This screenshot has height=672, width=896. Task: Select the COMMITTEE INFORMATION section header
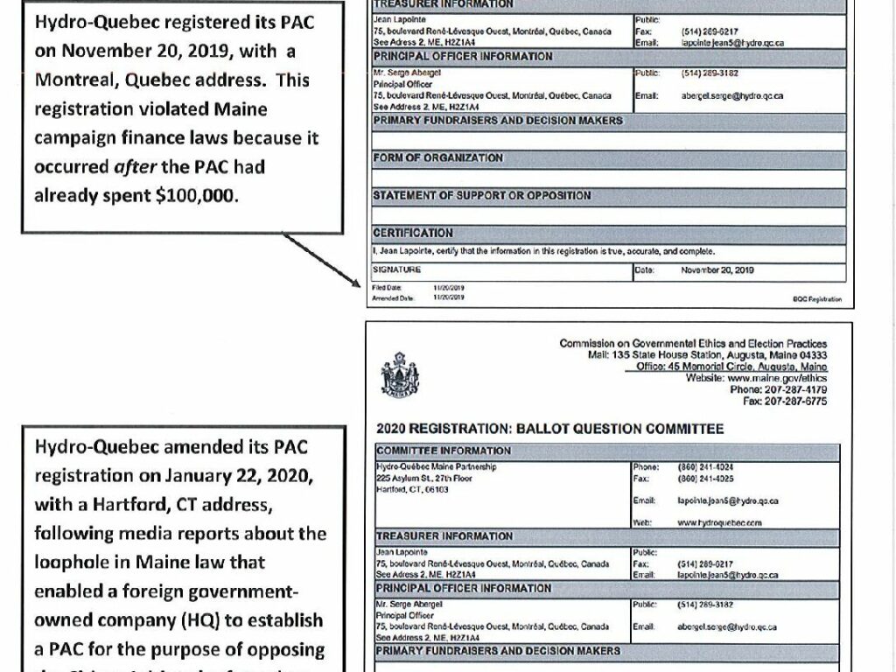[444, 451]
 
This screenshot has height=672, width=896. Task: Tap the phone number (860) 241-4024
[705, 467]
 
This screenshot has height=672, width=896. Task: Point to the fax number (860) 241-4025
[705, 479]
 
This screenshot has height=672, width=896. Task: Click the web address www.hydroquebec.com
[719, 522]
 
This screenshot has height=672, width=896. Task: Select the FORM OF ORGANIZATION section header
[438, 158]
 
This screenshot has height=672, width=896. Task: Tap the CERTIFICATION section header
[413, 234]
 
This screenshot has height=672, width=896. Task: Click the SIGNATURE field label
[397, 270]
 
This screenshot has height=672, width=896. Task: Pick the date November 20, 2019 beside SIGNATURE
[717, 270]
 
